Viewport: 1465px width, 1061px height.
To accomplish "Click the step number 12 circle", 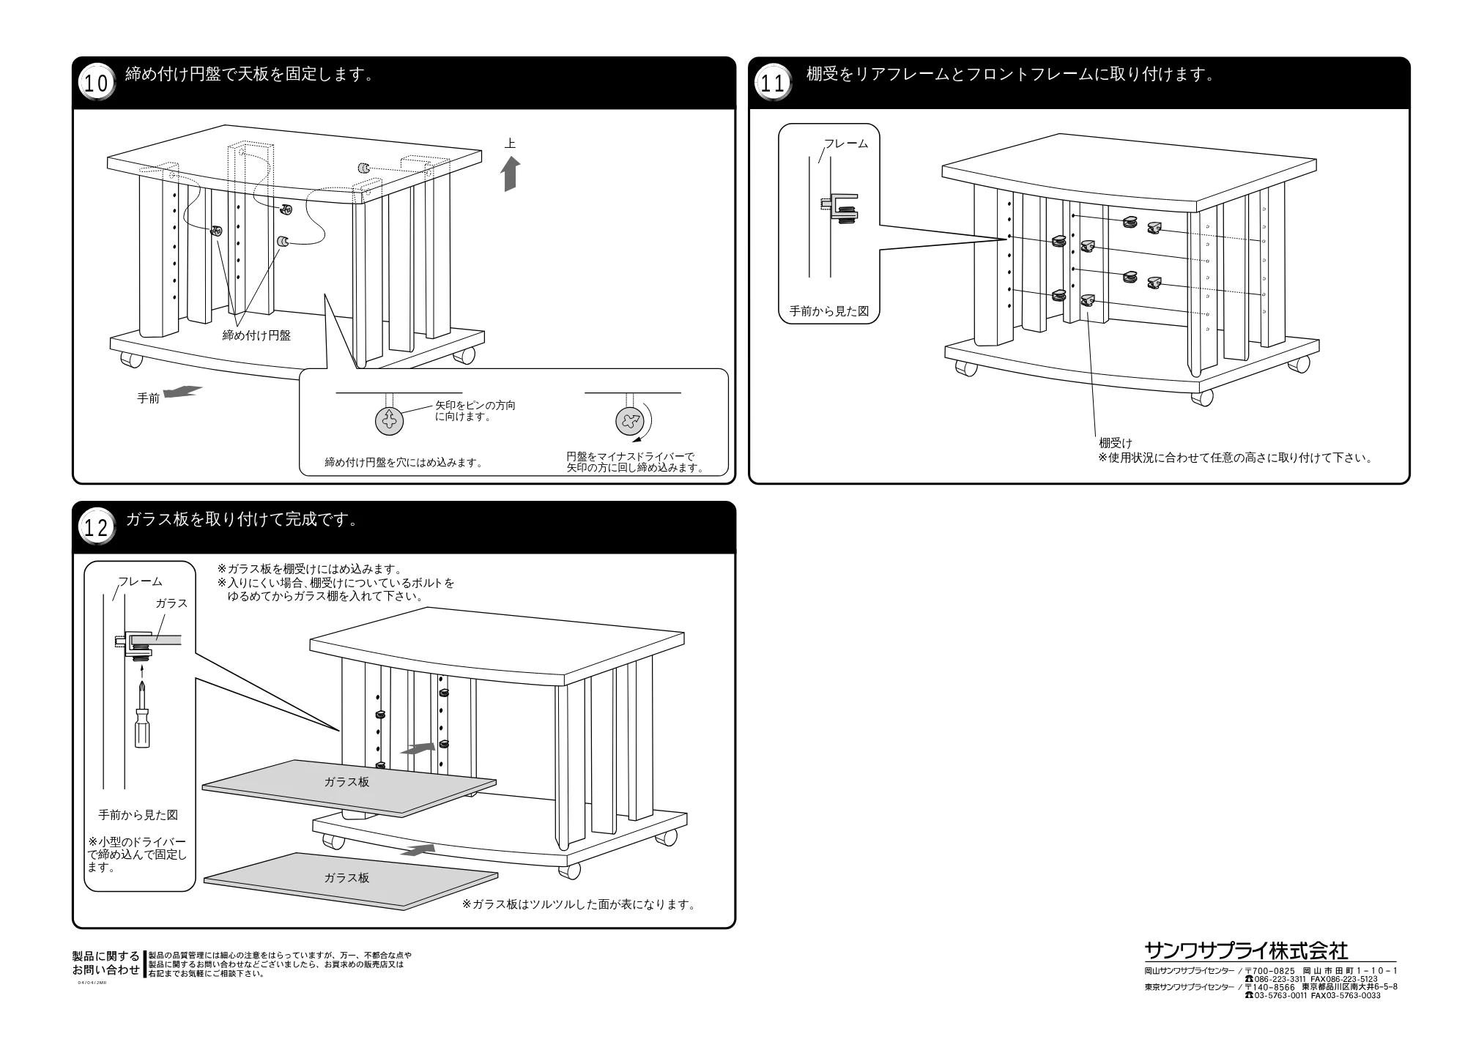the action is pos(96,527).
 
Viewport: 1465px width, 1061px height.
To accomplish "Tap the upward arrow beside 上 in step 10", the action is pos(511,175).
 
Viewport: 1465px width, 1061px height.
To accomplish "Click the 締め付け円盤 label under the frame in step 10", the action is pos(256,335).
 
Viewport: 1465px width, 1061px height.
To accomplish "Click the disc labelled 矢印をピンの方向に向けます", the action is pos(389,421).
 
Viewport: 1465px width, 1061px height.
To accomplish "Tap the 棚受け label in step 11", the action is pos(1115,443).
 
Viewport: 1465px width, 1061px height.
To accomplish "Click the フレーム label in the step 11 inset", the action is pos(846,144).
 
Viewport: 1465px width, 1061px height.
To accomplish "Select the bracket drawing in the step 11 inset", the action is pos(839,207).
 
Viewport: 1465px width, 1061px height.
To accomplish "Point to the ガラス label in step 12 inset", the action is pos(171,603).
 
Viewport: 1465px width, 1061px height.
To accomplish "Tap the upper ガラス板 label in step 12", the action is pos(346,781).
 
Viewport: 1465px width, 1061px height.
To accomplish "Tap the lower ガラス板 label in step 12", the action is pos(346,877).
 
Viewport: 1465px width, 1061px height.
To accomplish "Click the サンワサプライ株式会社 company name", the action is pos(1246,950).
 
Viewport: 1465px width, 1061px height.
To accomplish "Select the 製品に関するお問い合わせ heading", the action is pos(106,964).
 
